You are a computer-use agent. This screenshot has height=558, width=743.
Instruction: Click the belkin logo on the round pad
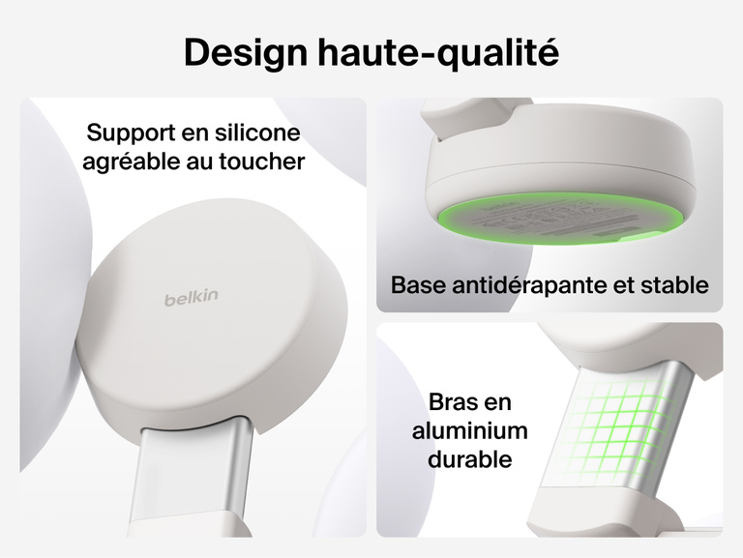click(x=191, y=298)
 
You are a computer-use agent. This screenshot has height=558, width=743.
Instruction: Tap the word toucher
click(x=260, y=161)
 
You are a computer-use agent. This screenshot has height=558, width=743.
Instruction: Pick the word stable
click(x=677, y=285)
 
